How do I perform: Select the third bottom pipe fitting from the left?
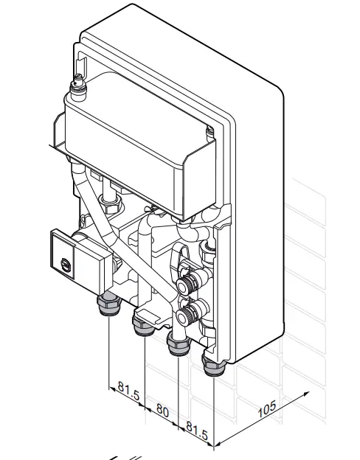point(177,342)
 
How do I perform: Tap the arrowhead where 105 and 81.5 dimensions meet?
point(214,445)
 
